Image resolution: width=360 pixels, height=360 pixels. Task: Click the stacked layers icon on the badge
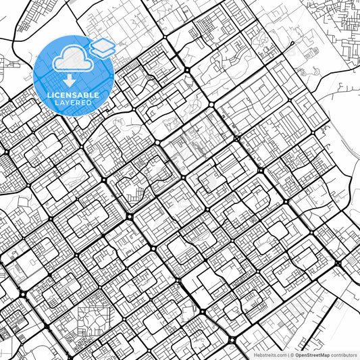pos(102,47)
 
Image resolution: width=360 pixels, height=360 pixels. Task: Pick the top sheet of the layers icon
pos(102,43)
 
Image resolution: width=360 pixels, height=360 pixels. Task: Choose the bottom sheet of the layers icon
pos(102,51)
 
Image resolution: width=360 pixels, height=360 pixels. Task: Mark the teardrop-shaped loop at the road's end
pos(291,44)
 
